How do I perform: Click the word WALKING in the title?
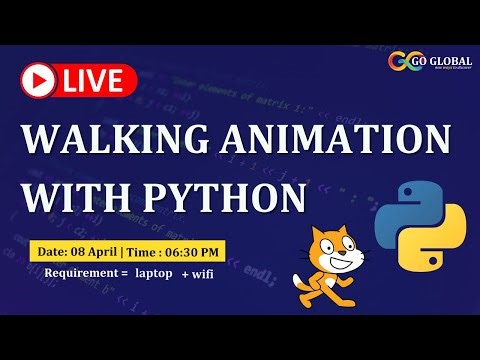coord(111,138)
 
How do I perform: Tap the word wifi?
coord(206,272)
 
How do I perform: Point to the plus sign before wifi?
coord(185,272)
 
